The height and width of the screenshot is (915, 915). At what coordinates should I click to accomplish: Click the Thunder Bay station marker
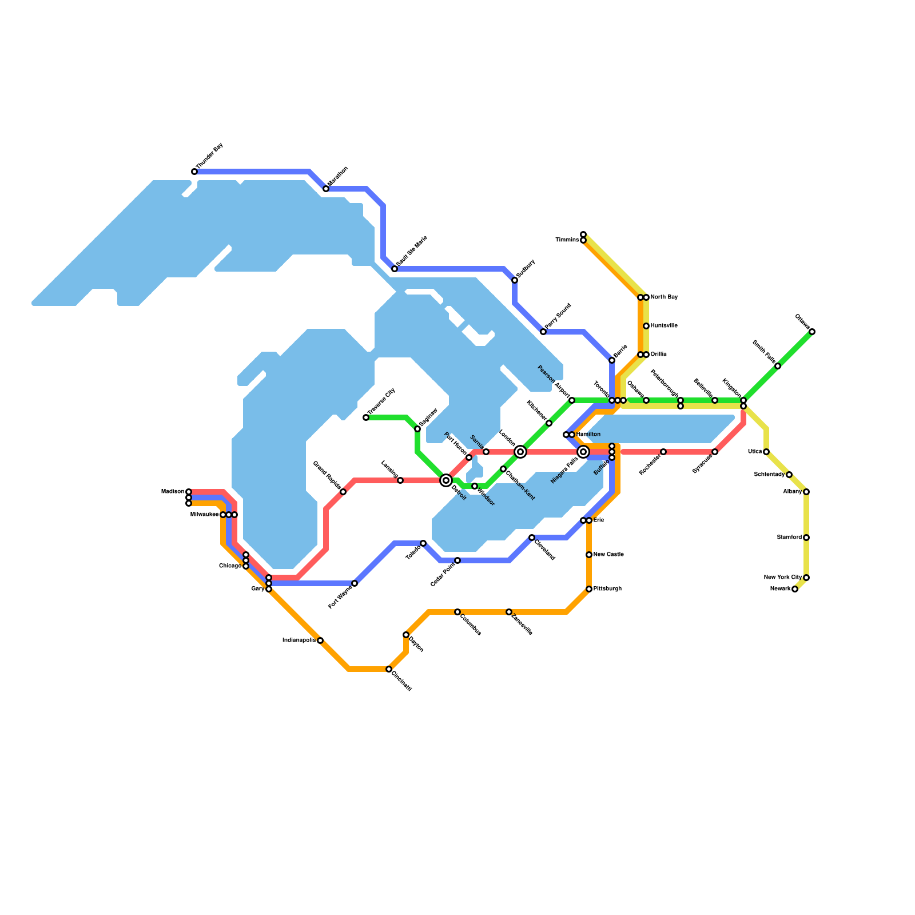point(194,172)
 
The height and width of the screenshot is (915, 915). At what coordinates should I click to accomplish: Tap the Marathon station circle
point(326,189)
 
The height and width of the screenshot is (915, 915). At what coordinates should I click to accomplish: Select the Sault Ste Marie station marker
point(395,269)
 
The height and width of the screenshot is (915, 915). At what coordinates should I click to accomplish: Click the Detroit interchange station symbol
point(446,480)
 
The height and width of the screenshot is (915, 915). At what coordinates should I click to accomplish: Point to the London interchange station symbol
point(520,452)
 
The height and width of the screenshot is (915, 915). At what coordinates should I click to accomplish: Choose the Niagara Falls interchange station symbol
point(583,452)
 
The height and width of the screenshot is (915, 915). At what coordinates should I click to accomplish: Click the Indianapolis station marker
point(320,640)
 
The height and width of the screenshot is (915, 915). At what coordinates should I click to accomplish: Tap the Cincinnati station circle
point(389,669)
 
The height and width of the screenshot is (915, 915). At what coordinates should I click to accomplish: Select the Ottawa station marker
point(812,332)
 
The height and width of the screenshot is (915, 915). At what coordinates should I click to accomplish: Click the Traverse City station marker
point(366,417)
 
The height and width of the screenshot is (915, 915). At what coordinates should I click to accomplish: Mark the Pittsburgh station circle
point(589,589)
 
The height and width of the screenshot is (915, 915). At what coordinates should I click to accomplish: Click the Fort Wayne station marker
point(355,583)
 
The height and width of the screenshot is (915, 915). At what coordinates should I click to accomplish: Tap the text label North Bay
point(664,297)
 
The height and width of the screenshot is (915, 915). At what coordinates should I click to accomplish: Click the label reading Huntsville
point(664,326)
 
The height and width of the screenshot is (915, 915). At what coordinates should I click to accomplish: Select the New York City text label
point(783,578)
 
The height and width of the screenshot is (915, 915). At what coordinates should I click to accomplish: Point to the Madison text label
point(172,492)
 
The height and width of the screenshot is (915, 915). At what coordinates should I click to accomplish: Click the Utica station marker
point(766,452)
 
